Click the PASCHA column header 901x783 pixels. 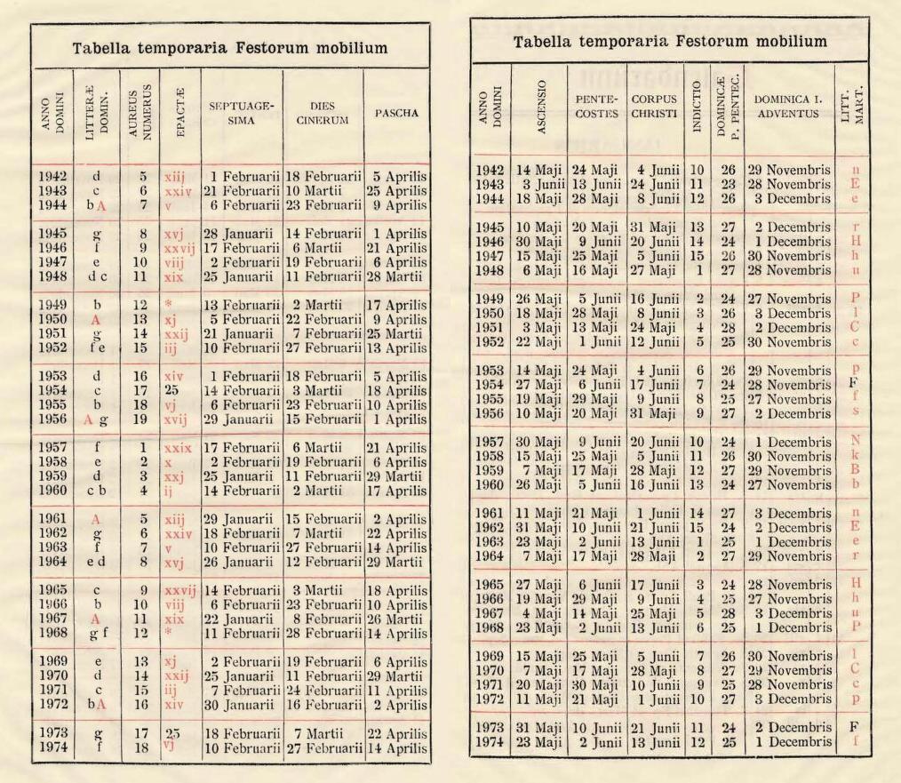pyautogui.click(x=397, y=113)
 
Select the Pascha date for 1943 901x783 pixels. pyautogui.click(x=397, y=190)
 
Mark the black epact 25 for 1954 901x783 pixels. pyautogui.click(x=175, y=390)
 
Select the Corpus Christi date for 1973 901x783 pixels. pyautogui.click(x=654, y=726)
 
